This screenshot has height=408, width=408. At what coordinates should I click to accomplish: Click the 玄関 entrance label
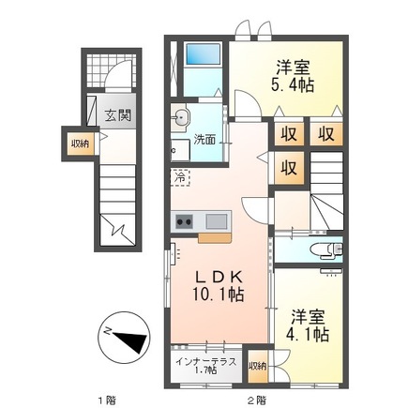[117, 116]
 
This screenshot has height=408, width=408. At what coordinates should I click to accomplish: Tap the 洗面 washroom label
[204, 140]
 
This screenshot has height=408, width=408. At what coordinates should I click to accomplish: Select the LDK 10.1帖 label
[219, 286]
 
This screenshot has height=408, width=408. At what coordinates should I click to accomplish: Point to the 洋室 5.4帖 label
[293, 77]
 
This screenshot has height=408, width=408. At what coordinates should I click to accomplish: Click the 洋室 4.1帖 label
[308, 325]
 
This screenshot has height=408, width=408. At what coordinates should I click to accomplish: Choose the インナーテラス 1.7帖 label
[205, 366]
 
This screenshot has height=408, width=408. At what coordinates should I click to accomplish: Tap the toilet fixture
[326, 249]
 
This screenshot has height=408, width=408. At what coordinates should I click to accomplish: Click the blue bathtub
[203, 54]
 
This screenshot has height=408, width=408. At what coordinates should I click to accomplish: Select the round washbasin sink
[180, 118]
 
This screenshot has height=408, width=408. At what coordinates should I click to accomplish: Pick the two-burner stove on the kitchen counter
[184, 221]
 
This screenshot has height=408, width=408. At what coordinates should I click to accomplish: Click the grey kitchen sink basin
[217, 221]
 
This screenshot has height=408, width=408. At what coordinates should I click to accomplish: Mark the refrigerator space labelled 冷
[180, 177]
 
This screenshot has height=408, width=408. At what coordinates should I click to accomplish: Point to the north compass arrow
[129, 341]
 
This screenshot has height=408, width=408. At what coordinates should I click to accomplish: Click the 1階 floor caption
[106, 400]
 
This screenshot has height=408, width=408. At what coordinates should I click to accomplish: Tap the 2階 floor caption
[257, 400]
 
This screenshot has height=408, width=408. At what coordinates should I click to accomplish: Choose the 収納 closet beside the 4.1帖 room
[258, 366]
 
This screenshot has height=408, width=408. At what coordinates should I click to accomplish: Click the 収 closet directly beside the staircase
[289, 168]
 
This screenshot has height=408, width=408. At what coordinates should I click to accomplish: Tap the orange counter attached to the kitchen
[215, 237]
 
